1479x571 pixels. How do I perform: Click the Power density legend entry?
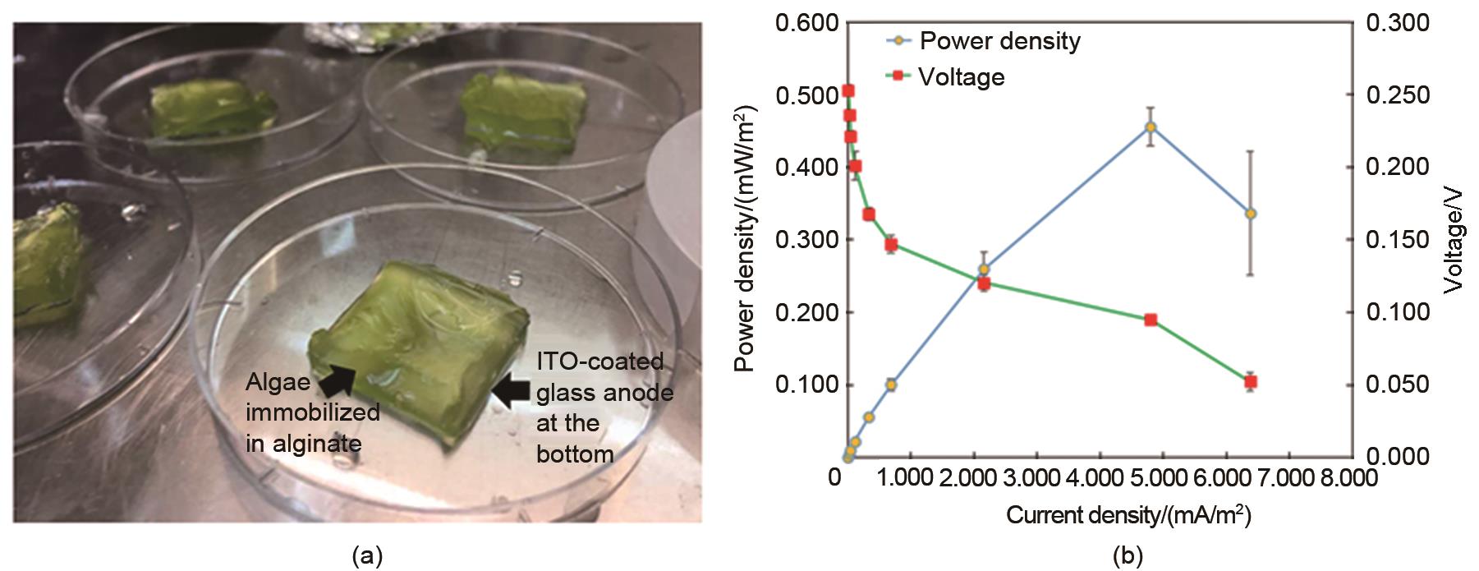pos(999,40)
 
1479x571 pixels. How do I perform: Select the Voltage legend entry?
pos(961,77)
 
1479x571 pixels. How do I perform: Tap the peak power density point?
pos(1151,127)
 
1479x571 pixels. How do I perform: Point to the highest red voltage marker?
pos(848,90)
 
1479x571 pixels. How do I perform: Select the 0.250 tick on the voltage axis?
pos(1397,95)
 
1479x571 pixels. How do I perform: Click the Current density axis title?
pos(1128,516)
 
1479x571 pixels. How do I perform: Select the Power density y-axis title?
pos(745,238)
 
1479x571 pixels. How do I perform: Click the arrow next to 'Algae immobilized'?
pos(336,380)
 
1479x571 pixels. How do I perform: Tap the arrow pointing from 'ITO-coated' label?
pos(512,391)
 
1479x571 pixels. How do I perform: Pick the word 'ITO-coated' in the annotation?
pos(600,361)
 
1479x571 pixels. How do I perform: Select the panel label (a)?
pos(366,557)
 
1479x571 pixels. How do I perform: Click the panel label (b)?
pos(1126,557)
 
